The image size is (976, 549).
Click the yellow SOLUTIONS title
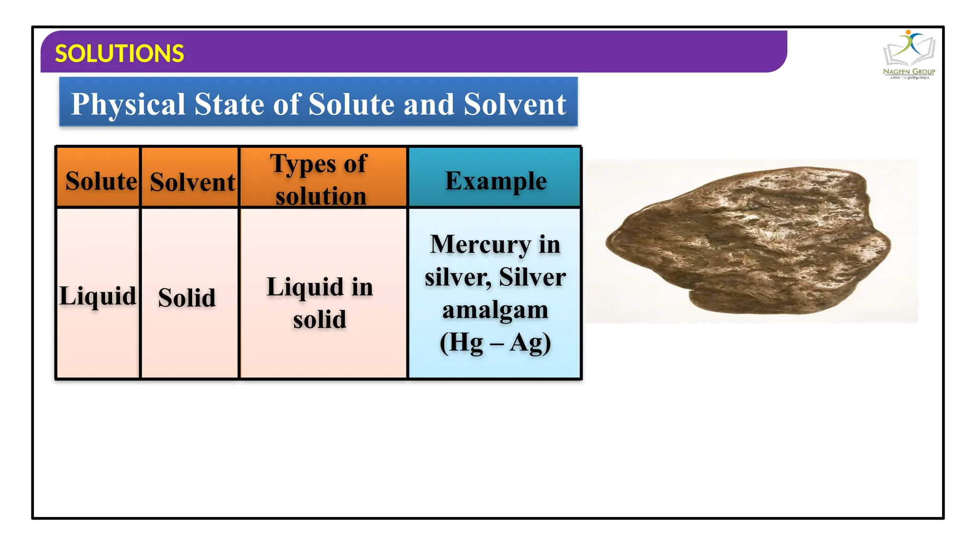point(119,53)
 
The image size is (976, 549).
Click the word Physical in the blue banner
point(128,104)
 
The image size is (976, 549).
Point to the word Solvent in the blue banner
point(515,104)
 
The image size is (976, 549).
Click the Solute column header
point(101,181)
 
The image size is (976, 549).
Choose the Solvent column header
point(192,182)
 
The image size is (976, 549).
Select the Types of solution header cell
point(320,179)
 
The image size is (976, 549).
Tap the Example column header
point(496,181)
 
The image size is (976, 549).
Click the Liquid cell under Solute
point(98,295)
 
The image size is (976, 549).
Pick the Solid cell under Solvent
point(187,297)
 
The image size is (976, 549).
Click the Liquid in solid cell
point(320,302)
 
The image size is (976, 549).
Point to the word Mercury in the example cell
point(480,244)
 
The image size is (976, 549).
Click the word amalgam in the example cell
point(495,310)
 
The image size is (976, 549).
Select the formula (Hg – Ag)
point(495,342)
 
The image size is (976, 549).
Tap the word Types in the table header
point(303,164)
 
